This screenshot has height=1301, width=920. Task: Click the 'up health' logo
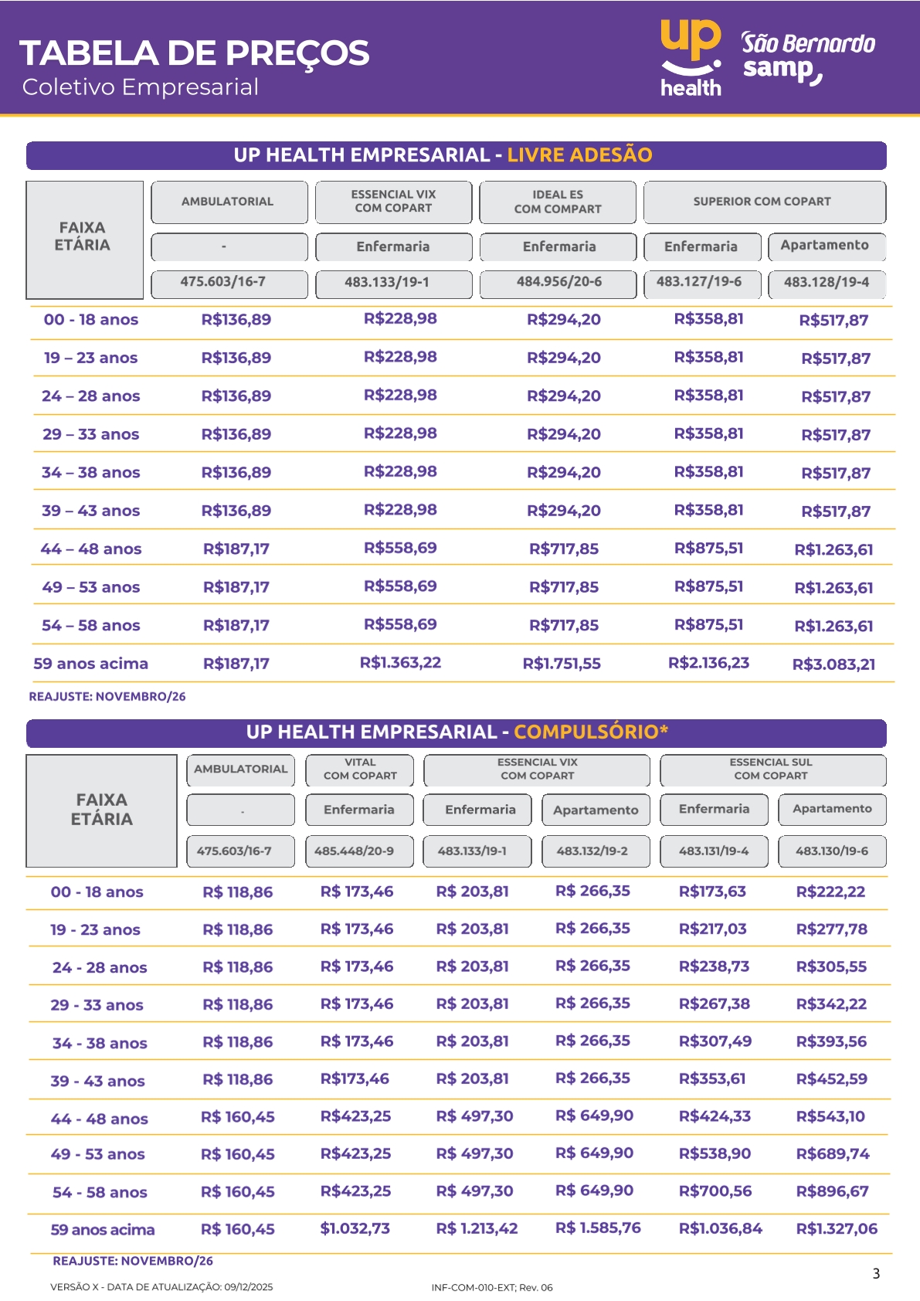click(691, 58)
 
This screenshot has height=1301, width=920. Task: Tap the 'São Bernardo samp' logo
click(806, 58)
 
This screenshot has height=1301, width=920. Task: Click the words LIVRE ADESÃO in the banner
click(579, 155)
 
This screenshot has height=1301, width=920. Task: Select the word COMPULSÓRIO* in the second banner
click(591, 732)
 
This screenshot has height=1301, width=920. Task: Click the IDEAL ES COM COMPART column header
click(558, 202)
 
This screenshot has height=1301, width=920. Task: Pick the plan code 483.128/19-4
click(826, 283)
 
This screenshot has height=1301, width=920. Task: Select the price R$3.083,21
click(833, 664)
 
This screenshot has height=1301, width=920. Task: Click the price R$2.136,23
click(708, 663)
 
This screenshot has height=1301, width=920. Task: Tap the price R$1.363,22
click(400, 663)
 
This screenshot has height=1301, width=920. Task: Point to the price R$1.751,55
click(562, 664)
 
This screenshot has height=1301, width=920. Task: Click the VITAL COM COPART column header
click(360, 769)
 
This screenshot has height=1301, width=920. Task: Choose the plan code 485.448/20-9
click(354, 851)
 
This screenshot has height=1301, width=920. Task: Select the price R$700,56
click(715, 1191)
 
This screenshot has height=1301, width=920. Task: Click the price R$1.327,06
click(837, 1229)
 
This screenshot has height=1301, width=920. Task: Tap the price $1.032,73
click(355, 1228)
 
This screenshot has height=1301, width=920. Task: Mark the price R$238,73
click(714, 966)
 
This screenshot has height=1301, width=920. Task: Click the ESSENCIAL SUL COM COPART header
click(772, 769)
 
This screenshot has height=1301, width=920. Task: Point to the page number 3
click(876, 1274)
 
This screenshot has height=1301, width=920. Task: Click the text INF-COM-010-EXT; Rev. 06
click(492, 1288)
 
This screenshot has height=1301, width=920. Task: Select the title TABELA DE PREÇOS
click(195, 53)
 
